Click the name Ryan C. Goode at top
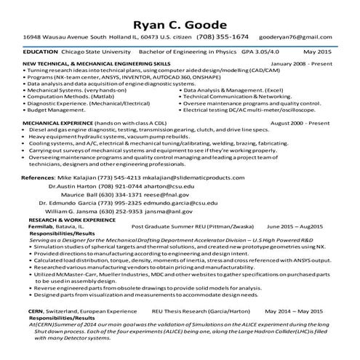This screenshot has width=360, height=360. (x=180, y=17)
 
